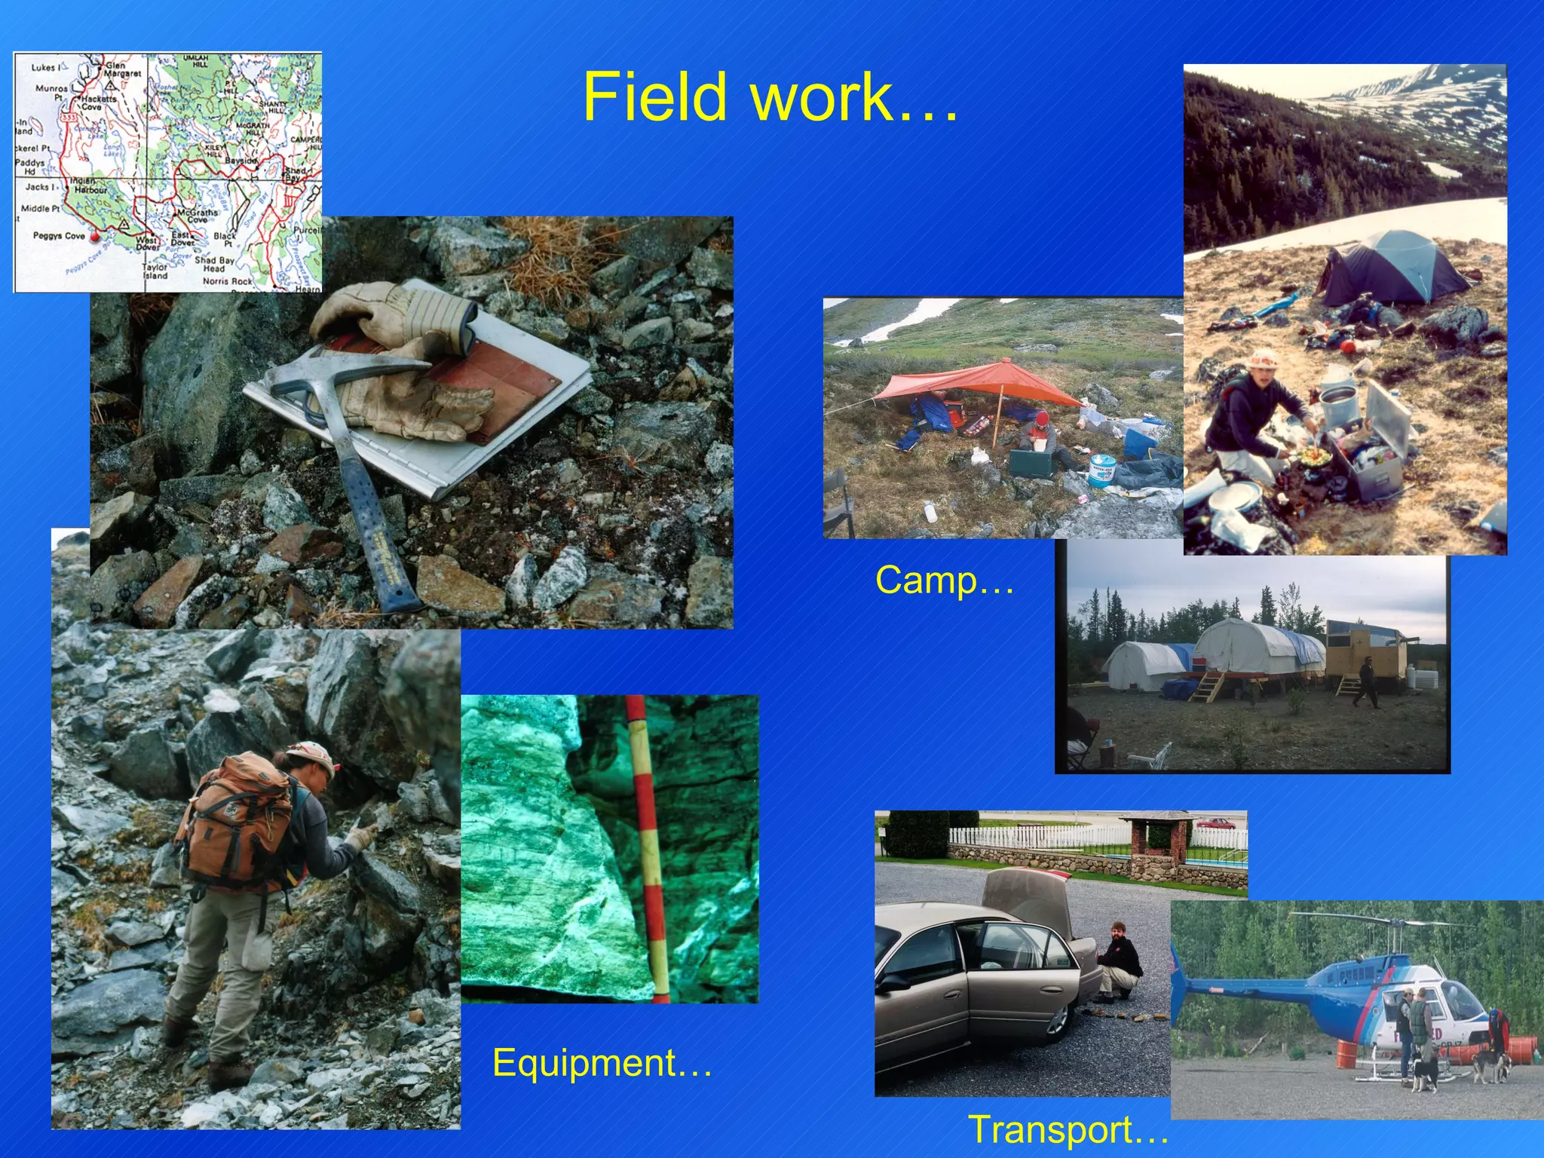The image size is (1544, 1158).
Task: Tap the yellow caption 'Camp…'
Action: click(944, 581)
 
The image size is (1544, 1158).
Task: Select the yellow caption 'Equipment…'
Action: click(602, 1063)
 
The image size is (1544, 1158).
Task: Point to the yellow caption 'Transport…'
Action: click(1068, 1129)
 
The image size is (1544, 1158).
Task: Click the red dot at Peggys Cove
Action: click(94, 237)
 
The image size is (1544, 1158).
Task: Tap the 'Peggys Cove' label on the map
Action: click(58, 236)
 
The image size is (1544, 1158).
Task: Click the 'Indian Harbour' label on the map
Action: click(89, 185)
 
